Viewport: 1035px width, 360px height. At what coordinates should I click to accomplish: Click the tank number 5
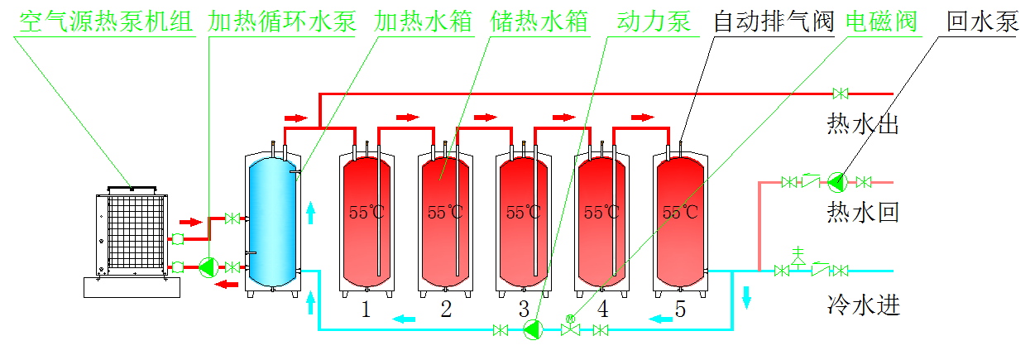[x=680, y=310]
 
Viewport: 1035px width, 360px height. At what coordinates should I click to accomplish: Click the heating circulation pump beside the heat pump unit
[x=208, y=266]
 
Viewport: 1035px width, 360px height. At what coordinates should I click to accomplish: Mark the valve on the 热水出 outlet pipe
[x=841, y=93]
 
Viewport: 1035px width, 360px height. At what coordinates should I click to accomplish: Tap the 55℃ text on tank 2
[x=445, y=213]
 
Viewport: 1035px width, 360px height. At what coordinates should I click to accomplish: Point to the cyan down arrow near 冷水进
[x=747, y=296]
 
